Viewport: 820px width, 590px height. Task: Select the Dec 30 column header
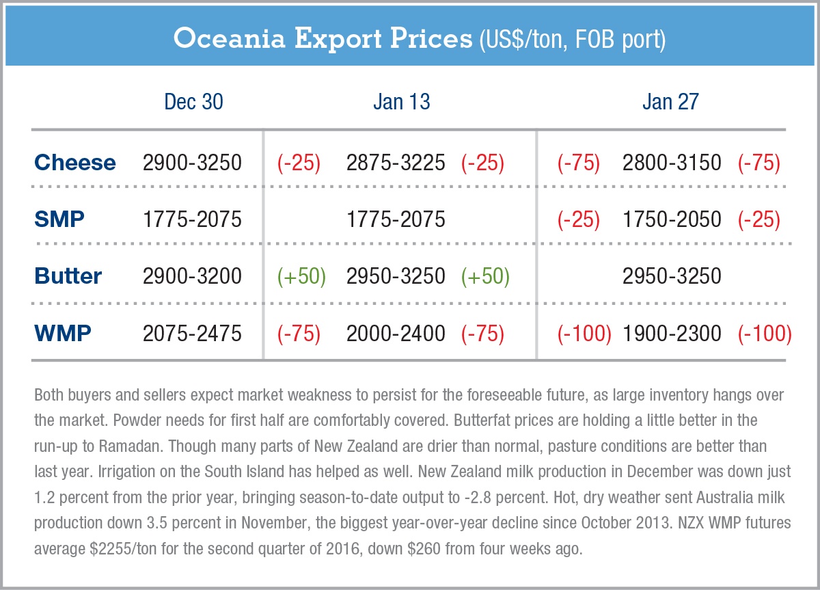(193, 102)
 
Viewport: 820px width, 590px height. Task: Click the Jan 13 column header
(402, 102)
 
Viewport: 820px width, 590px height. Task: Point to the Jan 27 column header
(670, 102)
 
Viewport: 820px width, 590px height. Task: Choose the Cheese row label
(75, 163)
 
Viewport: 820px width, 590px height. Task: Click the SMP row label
(60, 219)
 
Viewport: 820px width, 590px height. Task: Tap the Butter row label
(68, 276)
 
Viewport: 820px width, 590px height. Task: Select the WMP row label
(63, 333)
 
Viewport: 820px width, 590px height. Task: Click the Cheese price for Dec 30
(192, 163)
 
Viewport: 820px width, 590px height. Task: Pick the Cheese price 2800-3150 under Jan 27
(672, 163)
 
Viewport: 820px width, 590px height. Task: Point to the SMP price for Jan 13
(396, 219)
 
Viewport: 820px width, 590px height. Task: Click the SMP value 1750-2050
(672, 219)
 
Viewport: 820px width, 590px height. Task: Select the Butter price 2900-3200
(192, 276)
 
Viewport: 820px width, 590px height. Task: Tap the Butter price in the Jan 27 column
(672, 276)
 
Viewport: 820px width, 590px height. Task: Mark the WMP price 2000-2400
(396, 333)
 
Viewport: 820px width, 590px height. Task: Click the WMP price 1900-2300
(672, 333)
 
